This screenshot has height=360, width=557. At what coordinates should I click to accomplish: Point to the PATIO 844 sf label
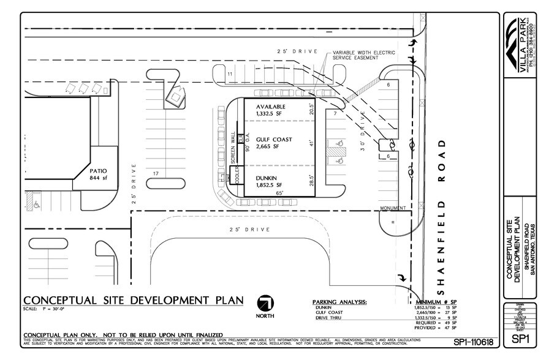click(98, 174)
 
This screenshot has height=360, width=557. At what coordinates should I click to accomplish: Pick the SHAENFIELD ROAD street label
click(441, 209)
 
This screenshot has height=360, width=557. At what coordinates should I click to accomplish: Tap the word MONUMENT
click(392, 208)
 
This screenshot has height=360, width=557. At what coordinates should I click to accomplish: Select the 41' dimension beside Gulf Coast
click(311, 143)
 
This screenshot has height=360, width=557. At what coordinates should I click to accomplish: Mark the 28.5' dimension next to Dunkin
click(311, 180)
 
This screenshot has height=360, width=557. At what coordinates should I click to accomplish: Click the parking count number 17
click(156, 174)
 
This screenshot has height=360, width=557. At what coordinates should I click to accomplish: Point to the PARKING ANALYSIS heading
click(339, 302)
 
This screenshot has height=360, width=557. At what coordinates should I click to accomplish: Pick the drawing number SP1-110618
click(473, 341)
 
